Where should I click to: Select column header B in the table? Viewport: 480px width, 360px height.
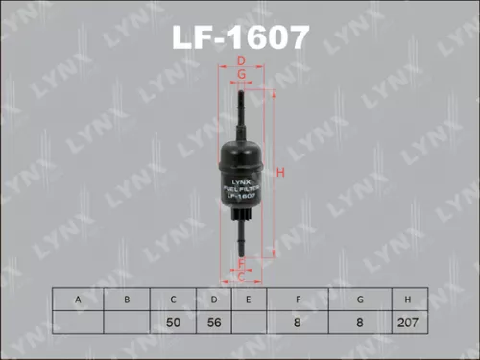[x=127, y=300]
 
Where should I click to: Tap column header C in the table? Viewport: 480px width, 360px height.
[x=174, y=300]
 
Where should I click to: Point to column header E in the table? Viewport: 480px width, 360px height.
[x=248, y=300]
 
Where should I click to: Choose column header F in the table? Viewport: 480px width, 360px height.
[x=300, y=300]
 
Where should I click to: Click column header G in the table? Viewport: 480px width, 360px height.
[x=358, y=300]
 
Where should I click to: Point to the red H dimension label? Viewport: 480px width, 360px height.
[x=281, y=173]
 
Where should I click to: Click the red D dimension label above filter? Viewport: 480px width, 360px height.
[x=241, y=62]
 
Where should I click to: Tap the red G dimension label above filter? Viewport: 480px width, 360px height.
[x=241, y=74]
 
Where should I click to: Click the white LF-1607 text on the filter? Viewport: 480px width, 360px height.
[x=241, y=195]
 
